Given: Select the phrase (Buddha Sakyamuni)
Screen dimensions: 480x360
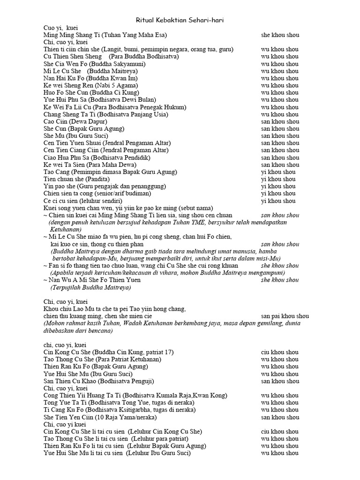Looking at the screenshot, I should click(119, 64).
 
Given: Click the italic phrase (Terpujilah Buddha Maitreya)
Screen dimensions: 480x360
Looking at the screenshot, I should click(90, 287).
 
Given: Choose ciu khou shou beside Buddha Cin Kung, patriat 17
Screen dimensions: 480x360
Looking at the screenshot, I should click(280, 352).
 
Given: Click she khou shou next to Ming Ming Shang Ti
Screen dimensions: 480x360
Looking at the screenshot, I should click(280, 35).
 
